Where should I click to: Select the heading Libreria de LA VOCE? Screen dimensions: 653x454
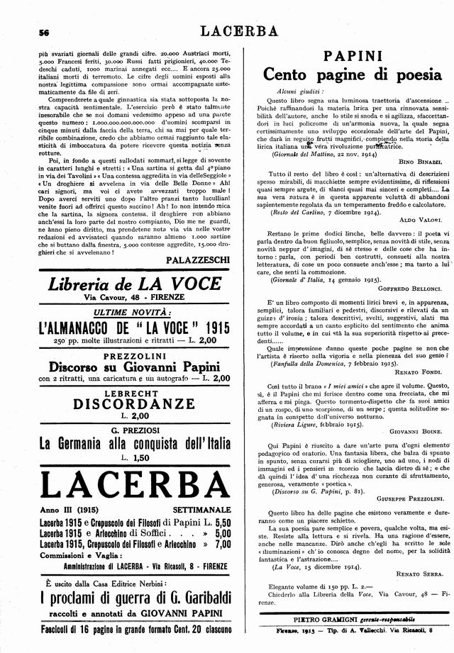point(125,285)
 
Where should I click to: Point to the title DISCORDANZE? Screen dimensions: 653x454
point(125,404)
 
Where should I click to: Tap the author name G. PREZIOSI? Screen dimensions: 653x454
point(125,429)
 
